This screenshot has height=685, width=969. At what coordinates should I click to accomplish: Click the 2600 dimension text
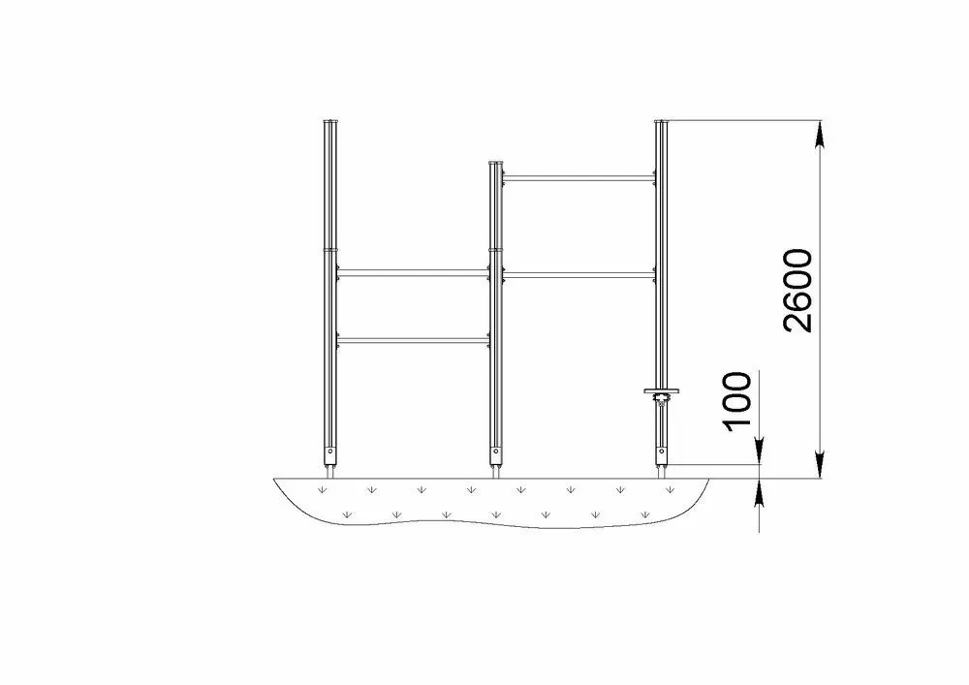tap(797, 291)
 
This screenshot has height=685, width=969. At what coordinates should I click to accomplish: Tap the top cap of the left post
tap(330, 121)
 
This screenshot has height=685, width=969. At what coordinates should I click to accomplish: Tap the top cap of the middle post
tap(496, 163)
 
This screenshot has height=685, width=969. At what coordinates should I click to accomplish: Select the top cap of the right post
tap(662, 121)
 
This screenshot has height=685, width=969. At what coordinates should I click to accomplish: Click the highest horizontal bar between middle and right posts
tap(579, 178)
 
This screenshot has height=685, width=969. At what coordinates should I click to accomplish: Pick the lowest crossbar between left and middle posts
tap(414, 339)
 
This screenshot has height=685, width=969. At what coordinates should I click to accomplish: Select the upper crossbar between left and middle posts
tap(414, 272)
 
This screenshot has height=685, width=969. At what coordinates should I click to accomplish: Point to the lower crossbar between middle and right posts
tap(579, 274)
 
